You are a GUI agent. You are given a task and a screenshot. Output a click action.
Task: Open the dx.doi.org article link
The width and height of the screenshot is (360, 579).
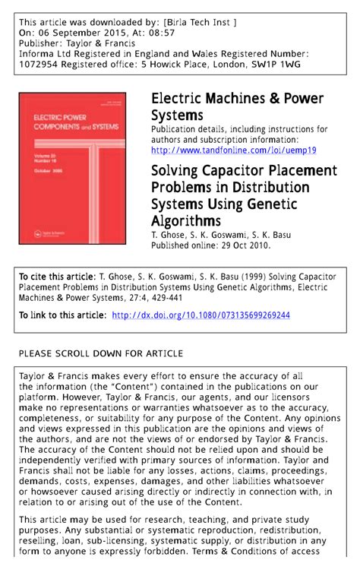(x=201, y=315)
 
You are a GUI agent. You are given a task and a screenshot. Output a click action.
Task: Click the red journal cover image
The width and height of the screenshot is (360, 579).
(x=73, y=168)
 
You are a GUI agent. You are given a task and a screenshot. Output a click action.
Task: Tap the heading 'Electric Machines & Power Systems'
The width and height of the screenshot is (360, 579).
(x=238, y=106)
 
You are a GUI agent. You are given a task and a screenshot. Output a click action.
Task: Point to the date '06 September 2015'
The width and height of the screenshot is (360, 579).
(x=85, y=35)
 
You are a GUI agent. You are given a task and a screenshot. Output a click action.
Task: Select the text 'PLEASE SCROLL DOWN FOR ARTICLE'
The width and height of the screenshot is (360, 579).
(x=100, y=353)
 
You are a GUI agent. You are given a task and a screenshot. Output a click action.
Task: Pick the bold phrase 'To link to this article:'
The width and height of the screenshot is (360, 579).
(x=62, y=315)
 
